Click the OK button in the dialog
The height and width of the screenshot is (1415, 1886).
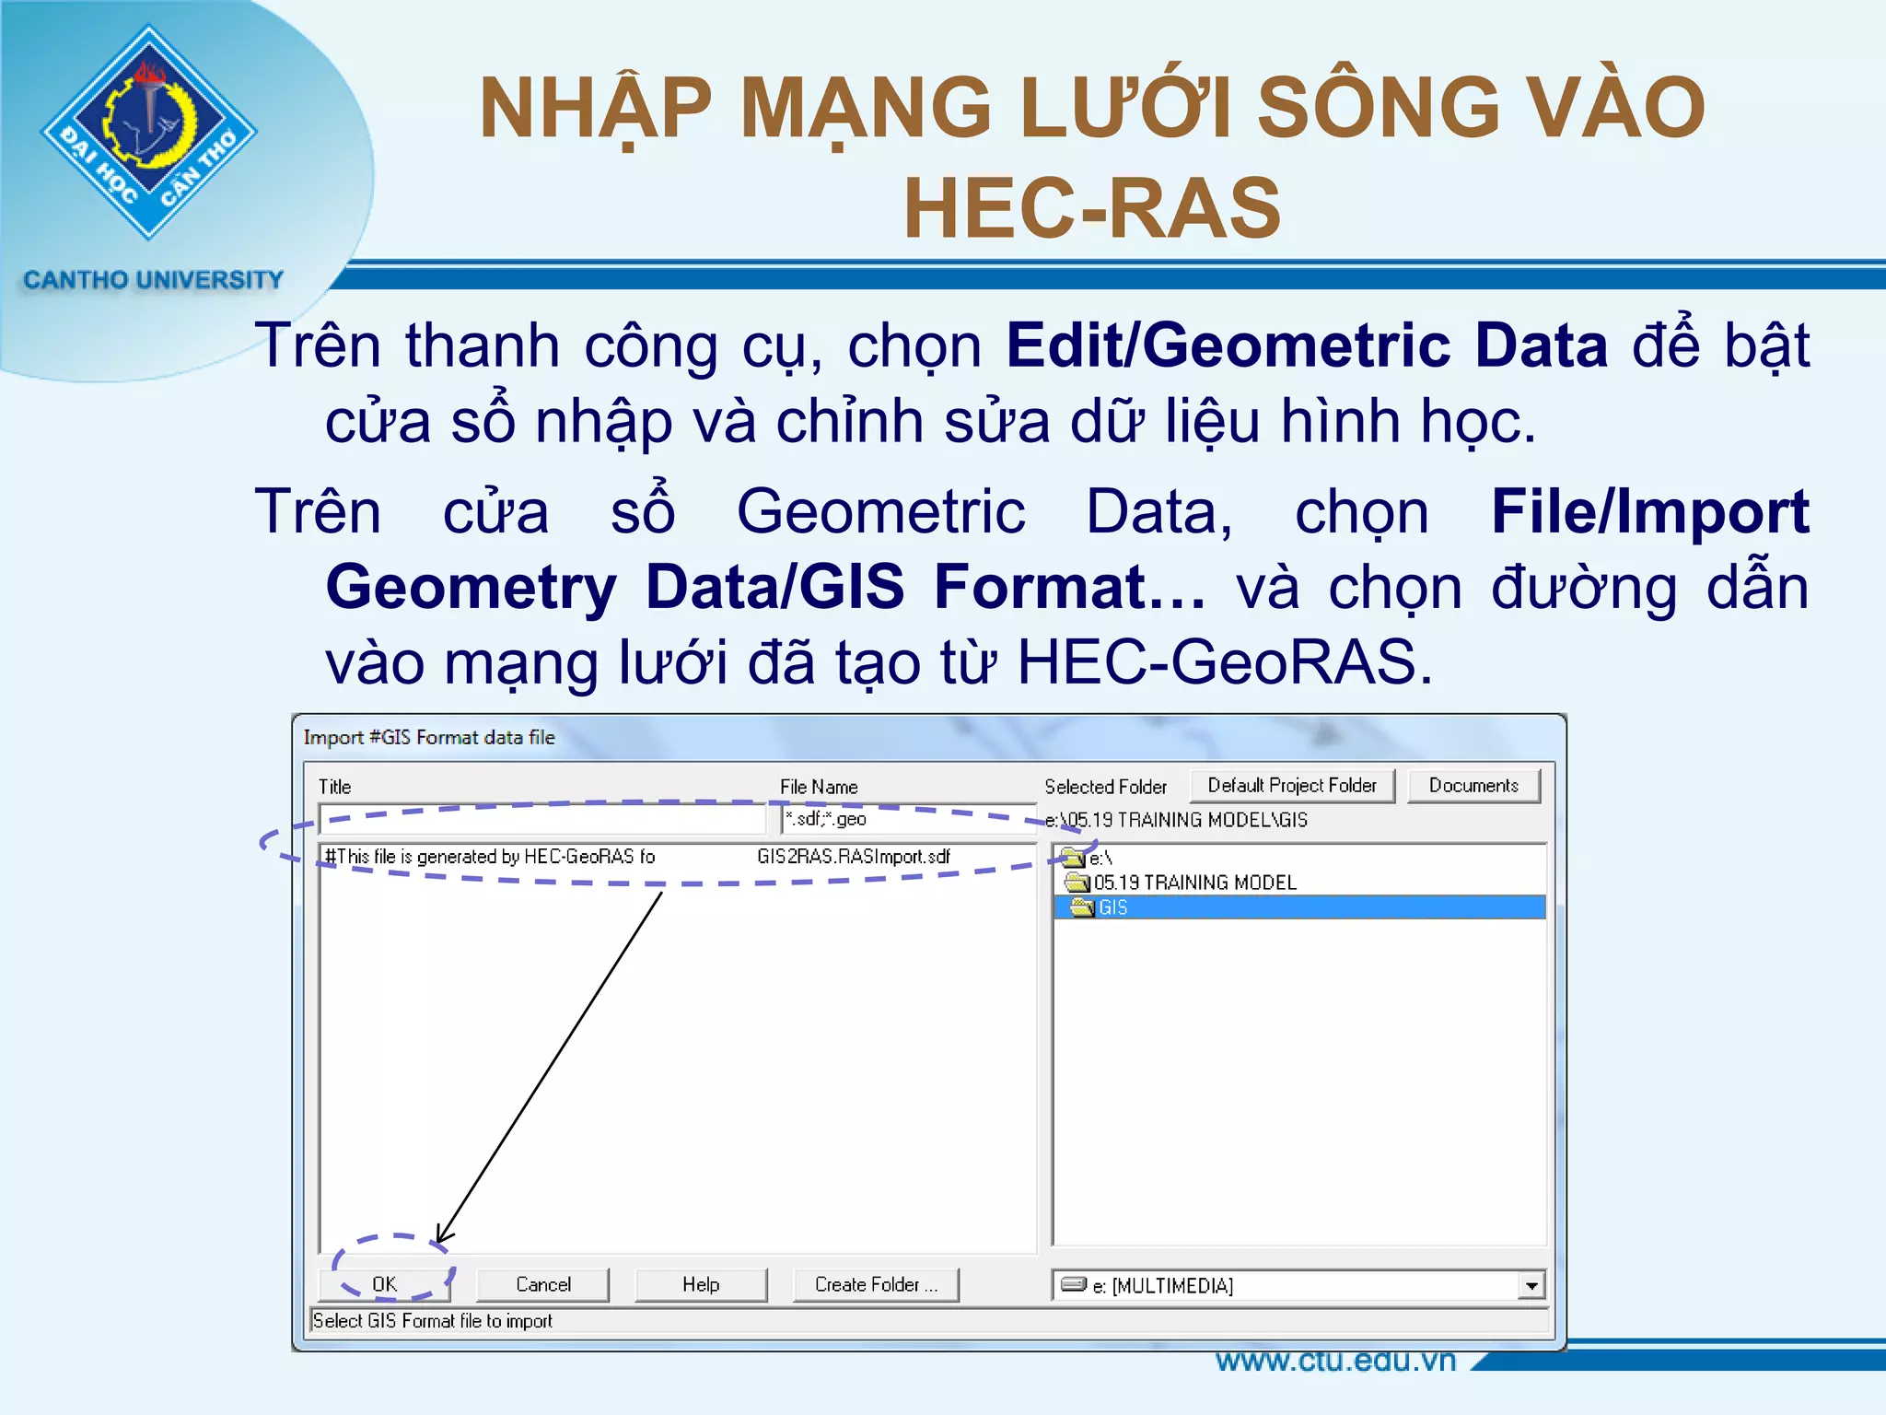[385, 1284]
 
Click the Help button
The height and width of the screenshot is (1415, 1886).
[701, 1284]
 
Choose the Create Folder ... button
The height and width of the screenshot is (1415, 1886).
[876, 1284]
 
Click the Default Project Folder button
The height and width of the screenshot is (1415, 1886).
[1292, 786]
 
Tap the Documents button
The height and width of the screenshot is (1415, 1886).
[1473, 786]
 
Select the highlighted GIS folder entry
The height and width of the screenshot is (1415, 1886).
[1113, 907]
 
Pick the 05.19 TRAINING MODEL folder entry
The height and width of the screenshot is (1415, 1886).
[1194, 883]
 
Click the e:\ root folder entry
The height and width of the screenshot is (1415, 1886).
[1100, 859]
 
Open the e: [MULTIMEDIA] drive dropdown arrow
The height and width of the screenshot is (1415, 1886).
[1531, 1285]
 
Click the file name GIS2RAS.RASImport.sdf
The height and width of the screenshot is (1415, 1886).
[854, 857]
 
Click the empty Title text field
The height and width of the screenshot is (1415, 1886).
[542, 818]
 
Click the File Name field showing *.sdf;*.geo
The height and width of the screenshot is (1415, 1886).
[907, 819]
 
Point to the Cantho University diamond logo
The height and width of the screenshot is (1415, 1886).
[148, 132]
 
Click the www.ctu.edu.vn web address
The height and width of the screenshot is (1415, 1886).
[1335, 1361]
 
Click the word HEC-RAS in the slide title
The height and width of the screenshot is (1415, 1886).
[1092, 208]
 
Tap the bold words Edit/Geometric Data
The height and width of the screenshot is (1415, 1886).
[1307, 345]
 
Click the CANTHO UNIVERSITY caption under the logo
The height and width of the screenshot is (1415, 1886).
[153, 279]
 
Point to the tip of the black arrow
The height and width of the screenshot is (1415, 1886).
[438, 1243]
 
